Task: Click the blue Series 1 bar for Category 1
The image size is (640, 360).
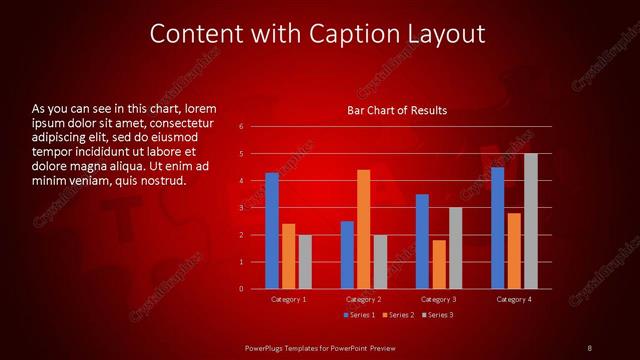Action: point(272,231)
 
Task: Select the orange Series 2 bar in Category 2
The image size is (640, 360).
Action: point(363,229)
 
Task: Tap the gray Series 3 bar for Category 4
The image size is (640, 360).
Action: point(530,221)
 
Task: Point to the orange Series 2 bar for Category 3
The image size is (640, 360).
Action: point(438,264)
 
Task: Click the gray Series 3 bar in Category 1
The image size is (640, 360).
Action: point(305,262)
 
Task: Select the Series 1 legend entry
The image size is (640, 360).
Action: point(361,315)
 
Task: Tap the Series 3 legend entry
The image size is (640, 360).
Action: point(438,315)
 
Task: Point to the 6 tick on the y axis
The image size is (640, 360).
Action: point(242,127)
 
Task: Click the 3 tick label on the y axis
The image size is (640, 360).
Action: point(242,208)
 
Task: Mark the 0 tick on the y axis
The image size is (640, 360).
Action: point(242,289)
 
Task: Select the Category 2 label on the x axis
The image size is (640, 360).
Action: point(363,299)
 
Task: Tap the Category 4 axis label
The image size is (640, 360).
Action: point(514,299)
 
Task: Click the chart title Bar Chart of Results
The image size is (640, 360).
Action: point(397,110)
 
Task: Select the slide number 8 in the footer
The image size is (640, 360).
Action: point(590,347)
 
